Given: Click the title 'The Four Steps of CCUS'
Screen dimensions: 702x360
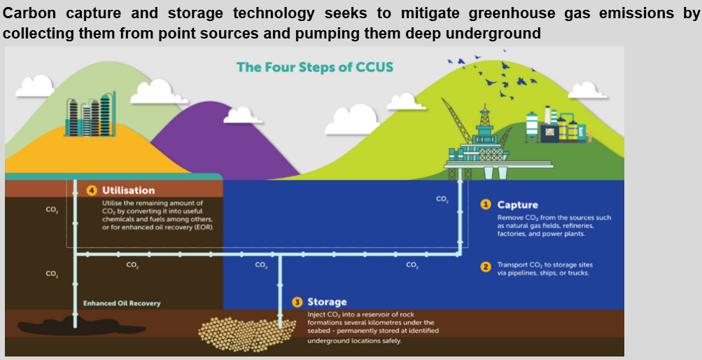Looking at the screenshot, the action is click(315, 67).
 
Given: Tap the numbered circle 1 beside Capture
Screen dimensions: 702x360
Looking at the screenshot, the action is click(485, 205).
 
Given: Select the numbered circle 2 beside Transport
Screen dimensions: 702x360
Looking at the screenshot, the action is click(485, 267).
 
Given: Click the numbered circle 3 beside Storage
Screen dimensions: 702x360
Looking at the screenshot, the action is click(297, 302).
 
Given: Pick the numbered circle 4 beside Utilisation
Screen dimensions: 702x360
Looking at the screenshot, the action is click(91, 190).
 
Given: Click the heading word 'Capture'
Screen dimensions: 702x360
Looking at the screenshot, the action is click(517, 205).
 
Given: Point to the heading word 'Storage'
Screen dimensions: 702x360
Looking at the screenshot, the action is click(327, 302).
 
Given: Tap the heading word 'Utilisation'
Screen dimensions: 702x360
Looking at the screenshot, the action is click(129, 190).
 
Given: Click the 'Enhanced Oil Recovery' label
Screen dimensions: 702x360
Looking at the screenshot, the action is click(122, 303).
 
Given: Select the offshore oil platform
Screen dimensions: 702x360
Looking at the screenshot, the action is click(483, 140).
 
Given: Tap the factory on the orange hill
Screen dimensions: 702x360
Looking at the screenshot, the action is click(87, 114).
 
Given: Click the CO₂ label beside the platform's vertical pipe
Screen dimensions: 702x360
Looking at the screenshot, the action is click(442, 199).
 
